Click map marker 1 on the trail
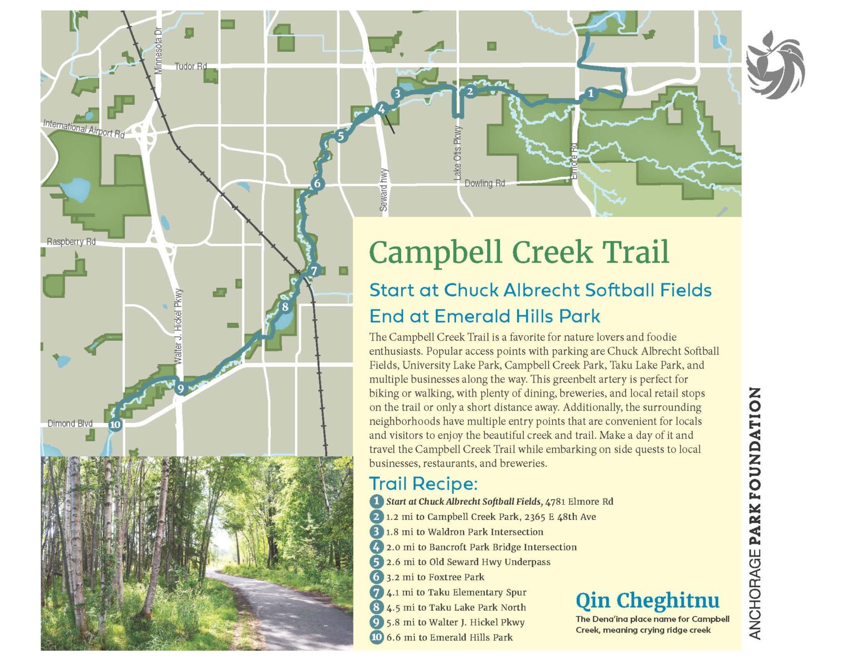coord(591,94)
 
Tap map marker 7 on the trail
coord(314,271)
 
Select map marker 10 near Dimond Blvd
coord(115,425)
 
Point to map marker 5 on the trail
coord(341,136)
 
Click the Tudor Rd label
coord(191,66)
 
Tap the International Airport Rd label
coord(84,128)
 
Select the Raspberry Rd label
coord(71,241)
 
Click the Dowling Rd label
coord(484,183)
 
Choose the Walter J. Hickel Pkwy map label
coord(178,326)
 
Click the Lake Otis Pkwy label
coord(458,152)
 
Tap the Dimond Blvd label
coord(70,423)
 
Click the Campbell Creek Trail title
coord(519,252)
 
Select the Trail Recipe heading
coord(424,484)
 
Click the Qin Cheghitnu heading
coord(647,600)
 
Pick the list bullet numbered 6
coord(377,577)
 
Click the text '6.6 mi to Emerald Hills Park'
coord(449,637)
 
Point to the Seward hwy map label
coord(384,190)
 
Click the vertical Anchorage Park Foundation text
coord(755,513)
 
